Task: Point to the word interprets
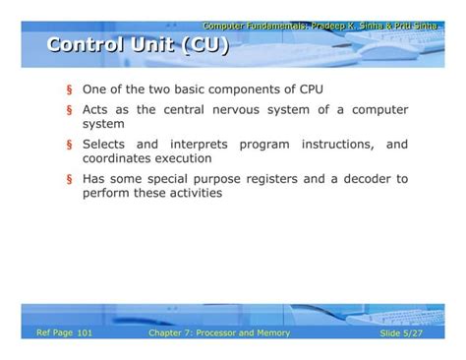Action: (x=204, y=145)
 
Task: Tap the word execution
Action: (x=183, y=157)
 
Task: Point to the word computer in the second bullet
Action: (x=379, y=110)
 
